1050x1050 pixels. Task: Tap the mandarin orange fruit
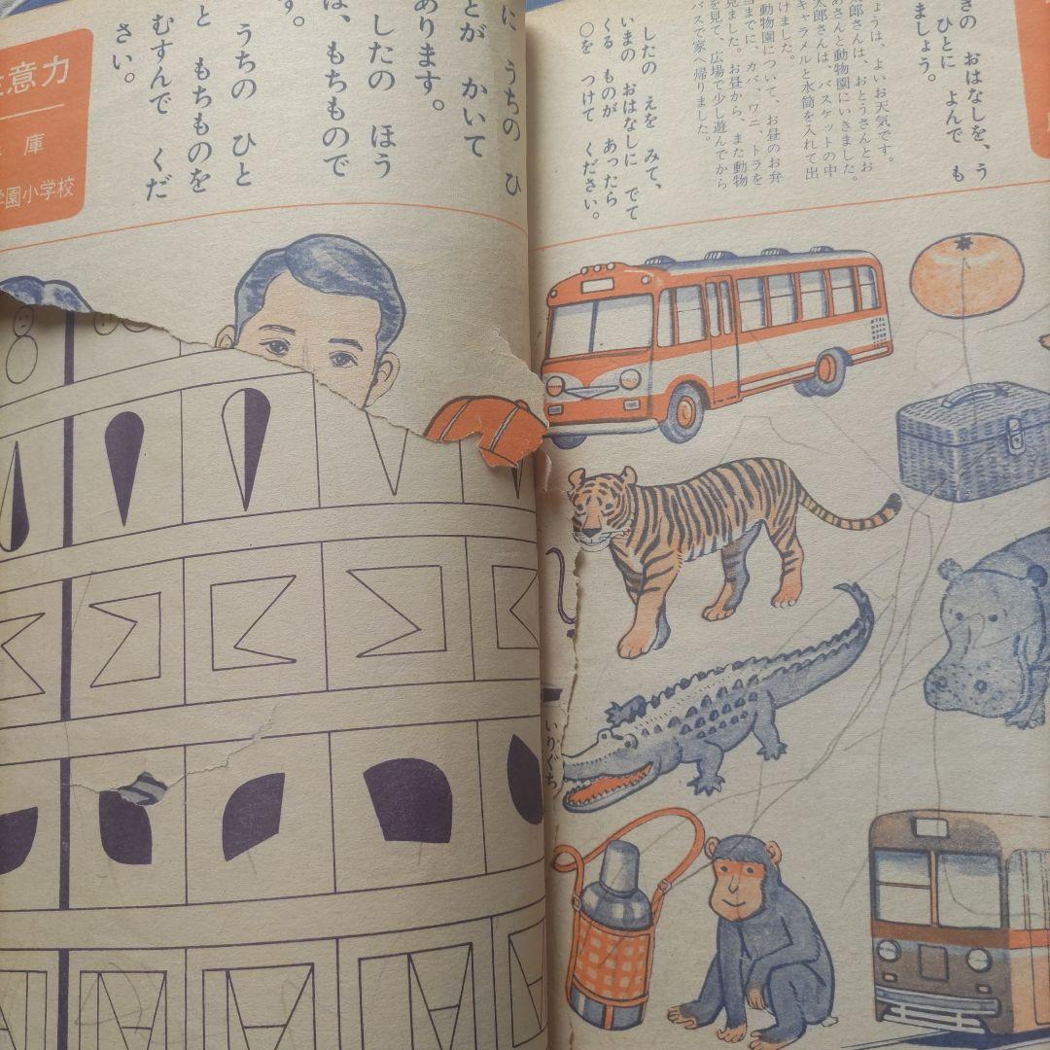click(x=966, y=274)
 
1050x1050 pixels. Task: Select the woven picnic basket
click(x=972, y=442)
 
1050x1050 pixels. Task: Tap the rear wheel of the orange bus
click(x=821, y=373)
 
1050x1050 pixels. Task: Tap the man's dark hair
click(x=321, y=272)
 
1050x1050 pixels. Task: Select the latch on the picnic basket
click(x=1013, y=437)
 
